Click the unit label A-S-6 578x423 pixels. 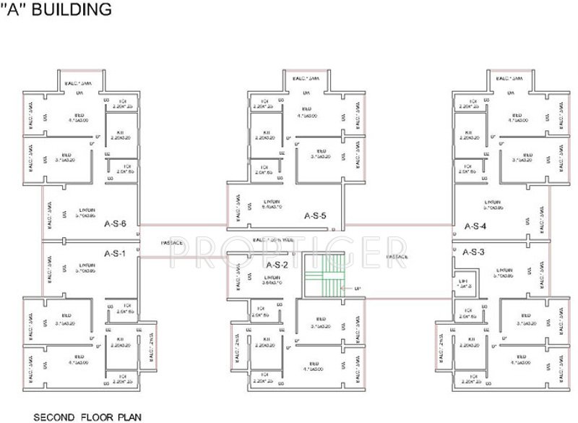[x=116, y=224]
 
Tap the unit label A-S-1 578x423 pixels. [x=114, y=253]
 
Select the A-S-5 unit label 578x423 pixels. [x=316, y=215]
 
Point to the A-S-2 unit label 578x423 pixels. [x=278, y=265]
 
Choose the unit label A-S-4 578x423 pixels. [x=475, y=226]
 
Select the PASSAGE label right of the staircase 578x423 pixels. [x=398, y=257]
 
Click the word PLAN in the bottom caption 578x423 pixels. [x=130, y=416]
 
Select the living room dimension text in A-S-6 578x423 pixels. [x=87, y=215]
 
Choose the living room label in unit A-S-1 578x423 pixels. [x=87, y=265]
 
